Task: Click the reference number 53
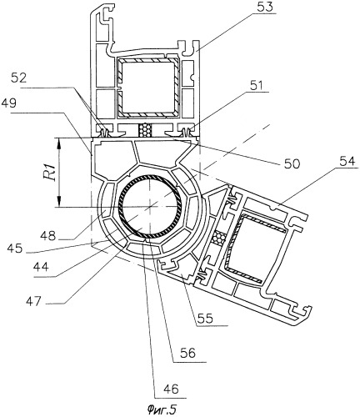coord(264,8)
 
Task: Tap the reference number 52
coord(19,78)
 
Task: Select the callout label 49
coord(9,103)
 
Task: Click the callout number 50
coord(292,163)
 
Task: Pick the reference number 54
coord(347,162)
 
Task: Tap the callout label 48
coord(47,236)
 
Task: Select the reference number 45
coord(15,249)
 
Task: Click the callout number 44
coord(41,267)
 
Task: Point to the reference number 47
coord(33,300)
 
